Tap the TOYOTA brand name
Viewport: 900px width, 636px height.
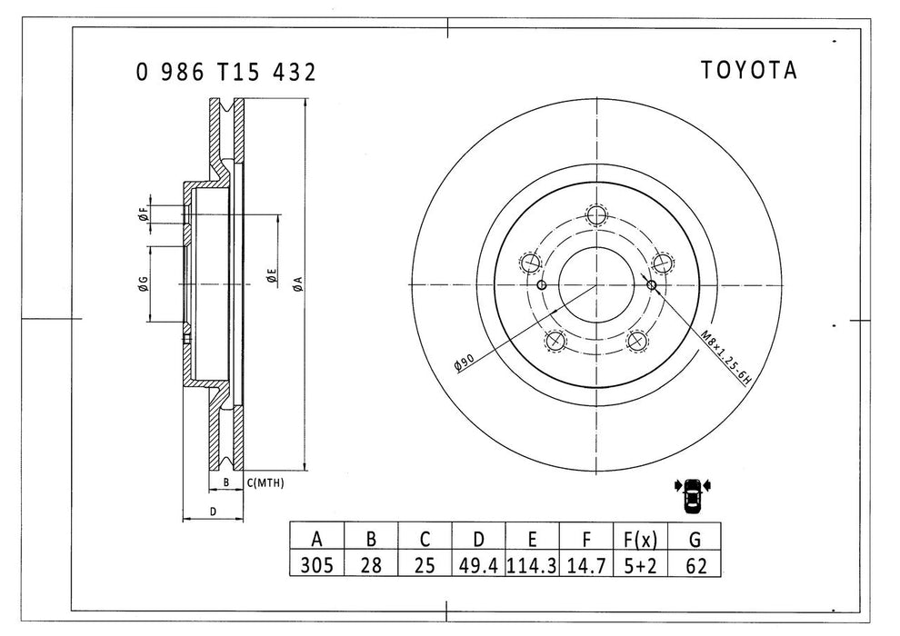(748, 71)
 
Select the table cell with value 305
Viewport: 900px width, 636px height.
(316, 564)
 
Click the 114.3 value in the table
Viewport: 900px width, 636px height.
(532, 564)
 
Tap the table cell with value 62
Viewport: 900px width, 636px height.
(696, 564)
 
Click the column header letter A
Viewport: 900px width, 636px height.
(316, 537)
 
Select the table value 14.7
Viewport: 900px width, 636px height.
(586, 564)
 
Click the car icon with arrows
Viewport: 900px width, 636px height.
(693, 493)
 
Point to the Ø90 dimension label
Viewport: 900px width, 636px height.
(465, 362)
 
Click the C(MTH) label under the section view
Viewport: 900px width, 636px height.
(265, 483)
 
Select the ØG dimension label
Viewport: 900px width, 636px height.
(143, 284)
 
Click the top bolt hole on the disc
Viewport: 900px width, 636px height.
(595, 215)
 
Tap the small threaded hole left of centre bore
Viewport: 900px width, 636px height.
(542, 286)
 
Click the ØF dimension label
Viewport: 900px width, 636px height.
(143, 214)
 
